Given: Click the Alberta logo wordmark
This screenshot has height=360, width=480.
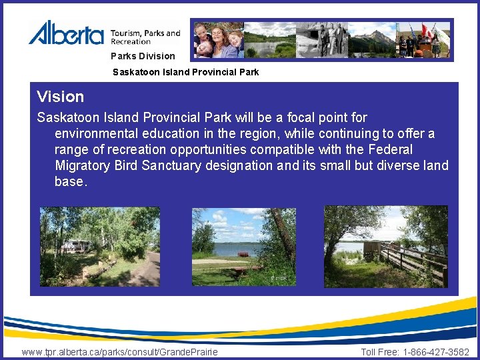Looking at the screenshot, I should tap(66, 33).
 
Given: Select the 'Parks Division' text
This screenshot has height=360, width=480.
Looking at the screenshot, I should tap(143, 56).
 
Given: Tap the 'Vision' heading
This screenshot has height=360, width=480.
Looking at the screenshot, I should tap(61, 97).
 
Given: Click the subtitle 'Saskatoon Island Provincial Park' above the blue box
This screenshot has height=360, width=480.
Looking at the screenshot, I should tap(185, 71).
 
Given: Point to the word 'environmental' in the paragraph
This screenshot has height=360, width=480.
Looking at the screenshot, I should tap(94, 133).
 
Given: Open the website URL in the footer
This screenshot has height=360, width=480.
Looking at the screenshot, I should tap(119, 352).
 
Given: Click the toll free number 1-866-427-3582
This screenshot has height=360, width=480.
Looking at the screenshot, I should tap(436, 352).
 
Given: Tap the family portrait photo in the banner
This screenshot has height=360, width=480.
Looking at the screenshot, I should tap(218, 40).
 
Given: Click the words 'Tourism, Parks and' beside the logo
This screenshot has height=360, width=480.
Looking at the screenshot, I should tap(145, 33).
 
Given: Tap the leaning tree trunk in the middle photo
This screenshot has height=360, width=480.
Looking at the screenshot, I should tap(283, 233).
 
